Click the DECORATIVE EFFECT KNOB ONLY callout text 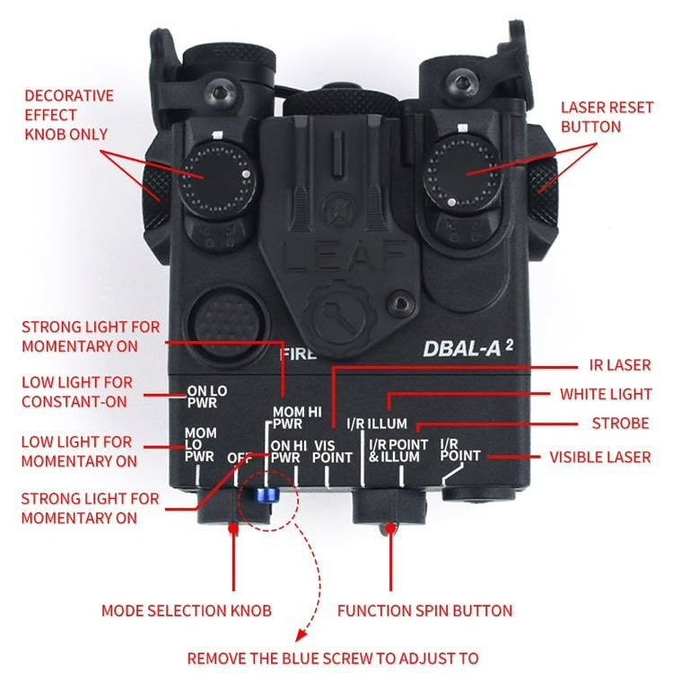pos(69,115)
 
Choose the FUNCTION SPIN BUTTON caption pos(424,611)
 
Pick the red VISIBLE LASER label pos(600,457)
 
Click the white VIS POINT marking pos(331,450)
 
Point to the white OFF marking pos(239,458)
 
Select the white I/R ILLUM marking pos(376,424)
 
